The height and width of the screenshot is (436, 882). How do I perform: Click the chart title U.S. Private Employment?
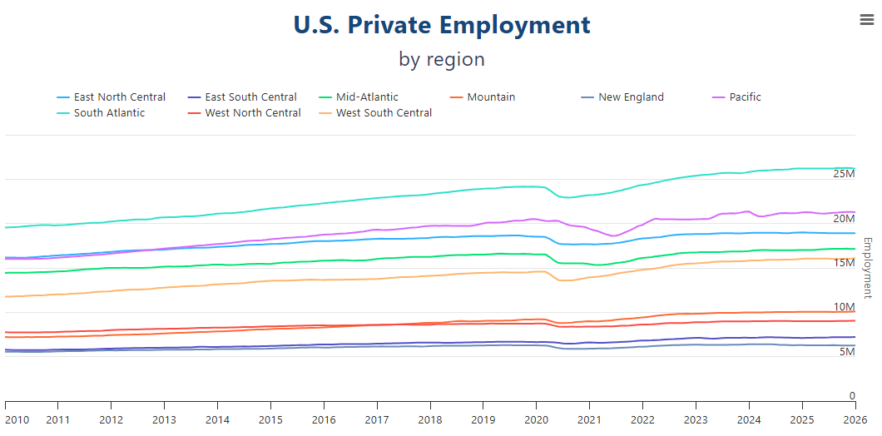pos(442,25)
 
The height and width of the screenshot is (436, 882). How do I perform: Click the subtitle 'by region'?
pos(442,59)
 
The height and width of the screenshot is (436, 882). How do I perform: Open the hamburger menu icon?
pos(866,21)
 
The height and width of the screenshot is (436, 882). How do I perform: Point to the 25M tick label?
pos(844,174)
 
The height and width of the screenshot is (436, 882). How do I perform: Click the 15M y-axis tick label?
pos(844,263)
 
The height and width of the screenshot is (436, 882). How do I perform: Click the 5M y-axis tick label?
pos(846,352)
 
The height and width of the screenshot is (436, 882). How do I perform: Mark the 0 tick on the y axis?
pos(851,396)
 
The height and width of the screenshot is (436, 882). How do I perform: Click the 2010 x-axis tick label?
pos(16,420)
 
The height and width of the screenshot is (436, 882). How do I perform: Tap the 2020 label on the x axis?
pos(537,420)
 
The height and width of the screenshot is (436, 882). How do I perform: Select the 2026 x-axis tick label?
pos(855,420)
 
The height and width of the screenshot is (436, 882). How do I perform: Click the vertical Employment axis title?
pos(867,268)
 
